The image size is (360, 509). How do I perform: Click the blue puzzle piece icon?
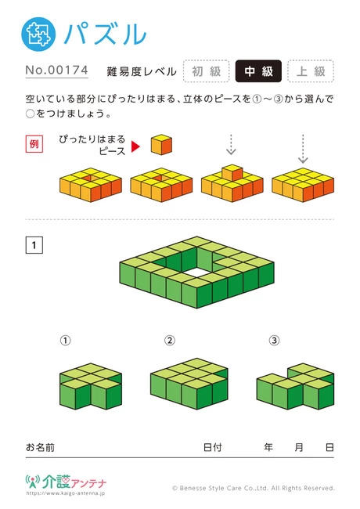(x=38, y=34)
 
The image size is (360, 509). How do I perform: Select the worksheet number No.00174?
(x=57, y=70)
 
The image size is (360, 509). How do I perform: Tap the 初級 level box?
(x=207, y=71)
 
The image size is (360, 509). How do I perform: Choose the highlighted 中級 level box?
(x=258, y=71)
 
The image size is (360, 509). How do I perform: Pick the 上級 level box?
(x=311, y=71)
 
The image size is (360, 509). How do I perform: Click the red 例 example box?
(x=34, y=144)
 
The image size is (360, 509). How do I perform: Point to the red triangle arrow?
(x=135, y=146)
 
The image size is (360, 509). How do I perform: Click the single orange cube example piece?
(x=161, y=144)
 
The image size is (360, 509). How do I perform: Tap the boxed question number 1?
(x=34, y=245)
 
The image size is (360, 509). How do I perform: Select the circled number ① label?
(x=65, y=340)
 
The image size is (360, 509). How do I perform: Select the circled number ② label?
(x=170, y=340)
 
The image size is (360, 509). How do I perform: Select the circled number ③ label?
(x=274, y=340)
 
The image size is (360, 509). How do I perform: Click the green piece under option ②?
(x=189, y=384)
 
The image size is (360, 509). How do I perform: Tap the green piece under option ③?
(x=295, y=386)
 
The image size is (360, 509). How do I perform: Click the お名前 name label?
(x=40, y=447)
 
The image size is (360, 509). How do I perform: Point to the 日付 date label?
(x=212, y=447)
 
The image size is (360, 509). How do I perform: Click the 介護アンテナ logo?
(x=66, y=485)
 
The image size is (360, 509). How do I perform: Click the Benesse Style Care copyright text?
(x=254, y=488)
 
